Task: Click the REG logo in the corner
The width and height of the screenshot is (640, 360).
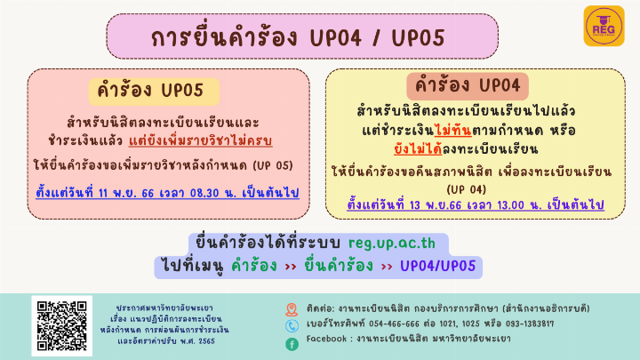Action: tap(604, 26)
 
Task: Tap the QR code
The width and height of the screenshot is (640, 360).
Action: tap(61, 325)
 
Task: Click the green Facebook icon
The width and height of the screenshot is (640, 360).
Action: tap(292, 345)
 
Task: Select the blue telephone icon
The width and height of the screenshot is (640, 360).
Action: tap(292, 325)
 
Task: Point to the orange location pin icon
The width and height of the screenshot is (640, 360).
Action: tap(292, 310)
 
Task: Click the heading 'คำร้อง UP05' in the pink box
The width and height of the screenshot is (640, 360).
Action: tap(150, 91)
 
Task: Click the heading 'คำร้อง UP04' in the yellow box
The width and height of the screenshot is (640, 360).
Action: tap(468, 85)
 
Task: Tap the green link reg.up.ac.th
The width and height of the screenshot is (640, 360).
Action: tap(392, 244)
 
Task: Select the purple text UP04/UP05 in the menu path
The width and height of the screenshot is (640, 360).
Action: tap(438, 266)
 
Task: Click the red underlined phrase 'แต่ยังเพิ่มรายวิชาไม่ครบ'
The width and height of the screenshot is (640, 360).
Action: tap(200, 140)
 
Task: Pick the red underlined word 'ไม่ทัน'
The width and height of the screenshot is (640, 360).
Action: tap(453, 131)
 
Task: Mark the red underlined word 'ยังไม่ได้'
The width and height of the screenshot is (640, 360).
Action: tap(418, 149)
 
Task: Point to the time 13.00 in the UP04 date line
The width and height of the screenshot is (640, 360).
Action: tap(510, 205)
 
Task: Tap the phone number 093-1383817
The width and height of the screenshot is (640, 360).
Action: tap(530, 324)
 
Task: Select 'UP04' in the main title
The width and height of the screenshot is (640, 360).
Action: tap(335, 38)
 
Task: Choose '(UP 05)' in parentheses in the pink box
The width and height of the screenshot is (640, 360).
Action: tap(273, 165)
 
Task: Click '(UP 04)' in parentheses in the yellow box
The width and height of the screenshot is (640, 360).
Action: tap(466, 190)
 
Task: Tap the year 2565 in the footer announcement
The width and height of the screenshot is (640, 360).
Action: tap(206, 341)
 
